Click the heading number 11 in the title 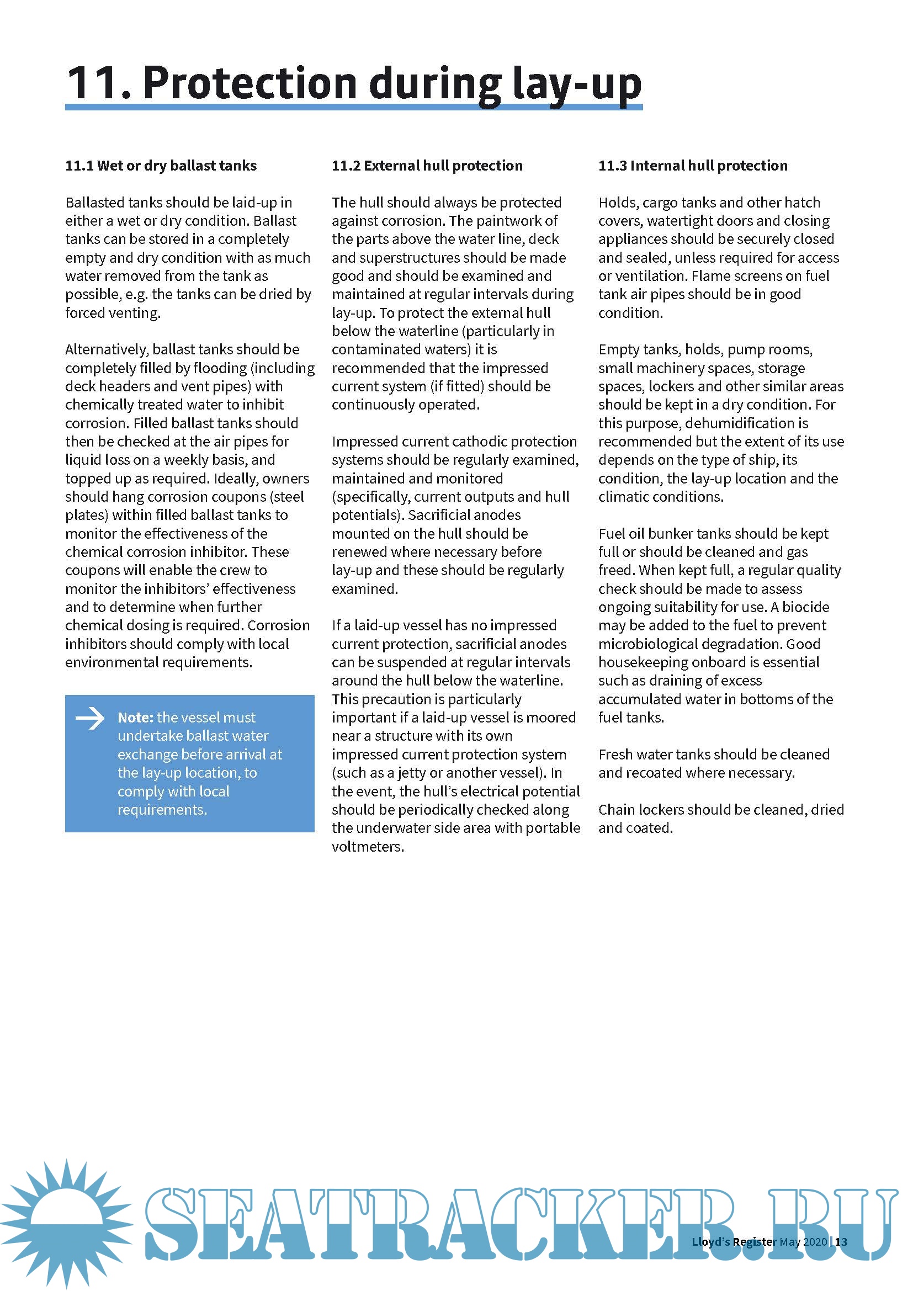click(x=92, y=83)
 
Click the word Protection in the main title click(x=250, y=83)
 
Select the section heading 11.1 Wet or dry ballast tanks click(x=161, y=166)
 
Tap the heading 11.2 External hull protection click(x=427, y=166)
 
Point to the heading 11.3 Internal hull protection click(x=693, y=166)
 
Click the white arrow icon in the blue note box click(x=90, y=718)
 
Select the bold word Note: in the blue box click(x=135, y=718)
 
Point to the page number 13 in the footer click(x=841, y=1241)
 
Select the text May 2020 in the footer click(x=803, y=1241)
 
